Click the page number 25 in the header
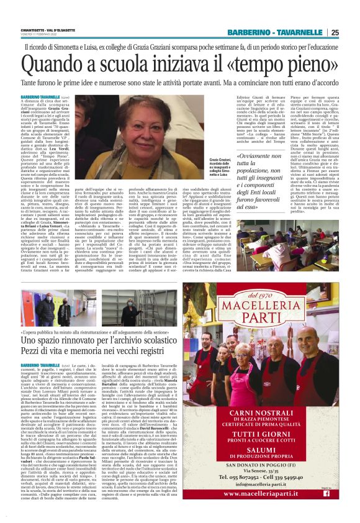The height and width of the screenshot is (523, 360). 334,32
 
